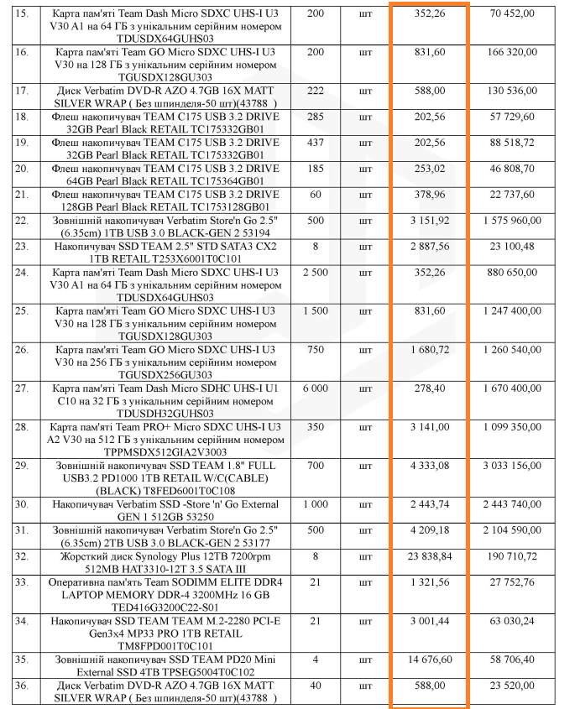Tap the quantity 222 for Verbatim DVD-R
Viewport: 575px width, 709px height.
click(x=316, y=90)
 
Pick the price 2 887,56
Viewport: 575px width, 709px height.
click(x=428, y=247)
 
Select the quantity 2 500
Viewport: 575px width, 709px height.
click(x=316, y=273)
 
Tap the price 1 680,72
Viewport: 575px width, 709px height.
click(x=428, y=349)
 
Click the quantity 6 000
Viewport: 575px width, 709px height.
click(x=316, y=388)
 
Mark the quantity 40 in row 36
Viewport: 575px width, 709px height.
click(x=316, y=685)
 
